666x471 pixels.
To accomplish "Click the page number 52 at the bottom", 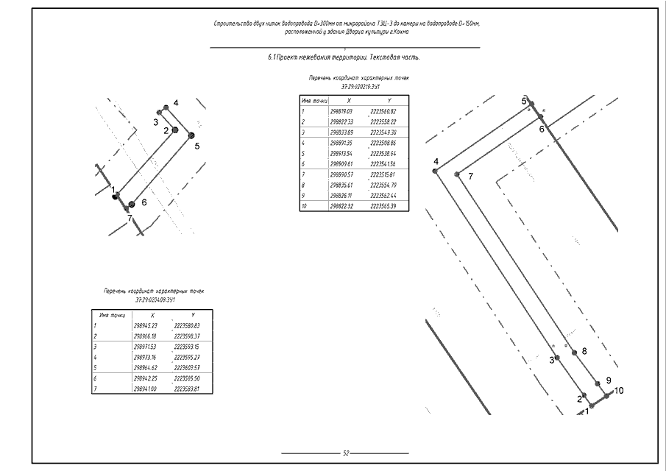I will tap(346, 453).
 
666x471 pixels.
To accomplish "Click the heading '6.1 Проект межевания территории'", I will tap(345, 57).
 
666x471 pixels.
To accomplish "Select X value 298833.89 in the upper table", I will tap(343, 132).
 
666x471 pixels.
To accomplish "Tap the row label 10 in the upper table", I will tap(304, 206).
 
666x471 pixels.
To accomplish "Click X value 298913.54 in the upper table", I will tap(343, 153).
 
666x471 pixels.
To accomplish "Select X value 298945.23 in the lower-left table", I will tap(146, 325).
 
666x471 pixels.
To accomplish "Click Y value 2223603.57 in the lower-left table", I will tap(187, 366).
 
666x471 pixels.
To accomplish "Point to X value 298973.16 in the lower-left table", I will tap(146, 355).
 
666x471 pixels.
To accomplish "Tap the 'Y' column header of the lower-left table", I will tap(191, 314).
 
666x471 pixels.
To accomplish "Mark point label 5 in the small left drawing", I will tap(197, 146).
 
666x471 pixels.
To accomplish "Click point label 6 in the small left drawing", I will tap(144, 201).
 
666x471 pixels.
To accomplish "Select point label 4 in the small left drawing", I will tap(176, 102).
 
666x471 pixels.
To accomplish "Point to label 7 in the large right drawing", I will tap(470, 175).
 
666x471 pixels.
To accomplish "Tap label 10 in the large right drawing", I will tap(618, 390).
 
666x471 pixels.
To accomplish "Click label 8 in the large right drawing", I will tap(584, 351).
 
